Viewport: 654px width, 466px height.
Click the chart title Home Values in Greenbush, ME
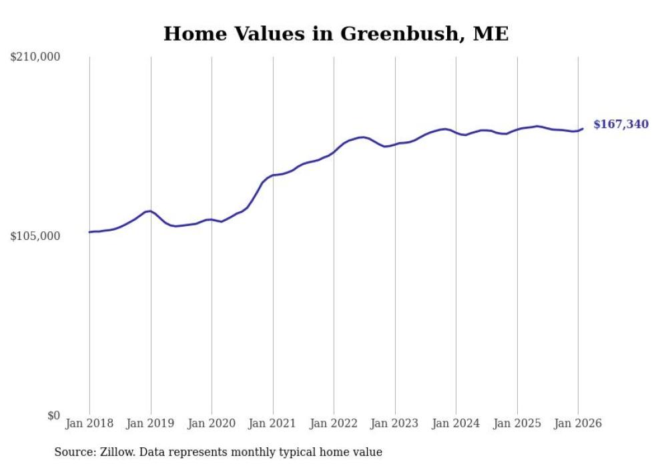(336, 34)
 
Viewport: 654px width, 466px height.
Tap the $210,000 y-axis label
(35, 57)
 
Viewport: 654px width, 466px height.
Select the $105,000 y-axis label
(35, 236)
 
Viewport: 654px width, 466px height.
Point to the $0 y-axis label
(53, 415)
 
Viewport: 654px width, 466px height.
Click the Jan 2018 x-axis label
(89, 424)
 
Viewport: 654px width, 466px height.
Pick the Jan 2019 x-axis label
(151, 424)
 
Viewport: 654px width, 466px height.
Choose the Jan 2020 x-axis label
(212, 424)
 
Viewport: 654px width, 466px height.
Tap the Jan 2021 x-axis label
(273, 424)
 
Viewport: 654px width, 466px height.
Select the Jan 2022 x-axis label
(334, 424)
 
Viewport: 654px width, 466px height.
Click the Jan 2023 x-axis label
(395, 424)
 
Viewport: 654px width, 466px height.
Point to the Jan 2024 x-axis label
(456, 424)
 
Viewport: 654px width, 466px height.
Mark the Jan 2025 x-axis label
(517, 424)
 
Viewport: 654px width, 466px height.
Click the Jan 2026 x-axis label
(578, 424)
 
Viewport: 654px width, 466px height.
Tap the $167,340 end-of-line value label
(621, 125)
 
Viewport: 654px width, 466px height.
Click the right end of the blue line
(583, 129)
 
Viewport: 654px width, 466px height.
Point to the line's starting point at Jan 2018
(89, 232)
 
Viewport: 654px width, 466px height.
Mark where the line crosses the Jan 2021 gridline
(273, 175)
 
